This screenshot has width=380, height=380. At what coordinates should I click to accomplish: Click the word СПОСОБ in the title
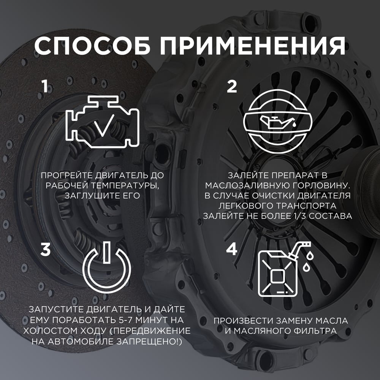pos(92,46)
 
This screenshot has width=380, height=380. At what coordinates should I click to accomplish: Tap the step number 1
pos(44,87)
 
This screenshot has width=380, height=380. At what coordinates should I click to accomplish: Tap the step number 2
pos(232,87)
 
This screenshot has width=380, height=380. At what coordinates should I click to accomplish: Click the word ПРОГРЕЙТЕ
pos(67,175)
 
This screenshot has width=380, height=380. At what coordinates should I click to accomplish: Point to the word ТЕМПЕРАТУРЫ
pos(125,185)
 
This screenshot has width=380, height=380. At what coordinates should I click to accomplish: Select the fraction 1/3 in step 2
pos(299,216)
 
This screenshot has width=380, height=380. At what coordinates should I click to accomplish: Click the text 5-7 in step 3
pos(126,320)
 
